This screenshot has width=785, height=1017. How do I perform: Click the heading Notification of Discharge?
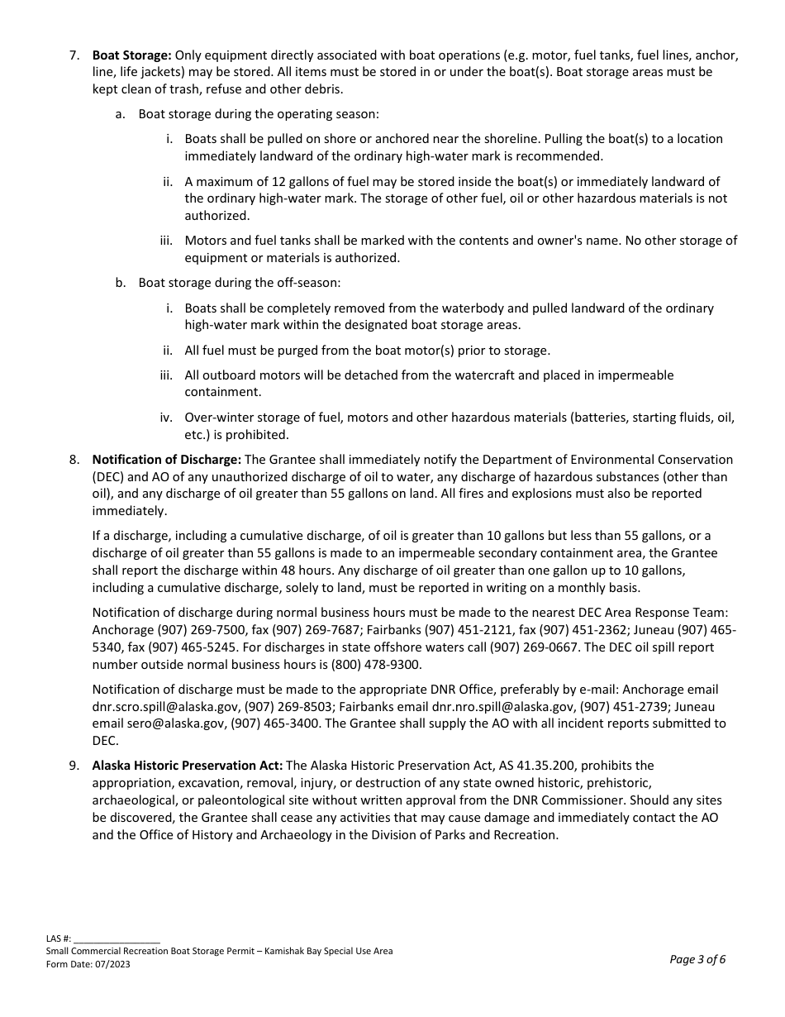pos(166,460)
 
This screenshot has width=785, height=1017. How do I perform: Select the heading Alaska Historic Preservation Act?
pos(187,766)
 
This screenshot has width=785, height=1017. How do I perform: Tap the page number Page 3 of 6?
pos(697,959)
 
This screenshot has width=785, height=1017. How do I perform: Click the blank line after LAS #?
pos(117,939)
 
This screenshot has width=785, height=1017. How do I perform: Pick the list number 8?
pos(74,460)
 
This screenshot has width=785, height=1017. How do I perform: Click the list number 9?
pos(74,766)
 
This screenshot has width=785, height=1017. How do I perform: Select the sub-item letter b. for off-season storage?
pos(121,283)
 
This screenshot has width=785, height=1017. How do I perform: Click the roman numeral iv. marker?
pos(166,418)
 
